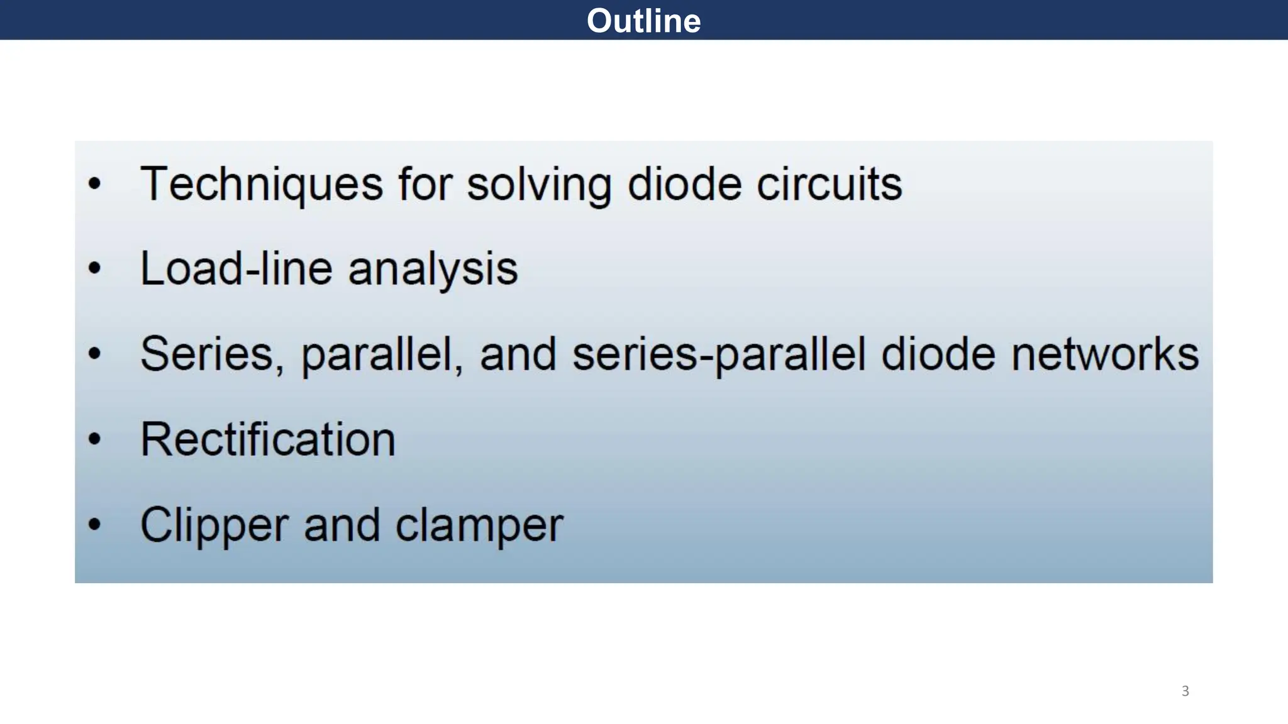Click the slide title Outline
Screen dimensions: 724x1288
coord(643,21)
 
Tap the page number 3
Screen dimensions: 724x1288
coord(1185,691)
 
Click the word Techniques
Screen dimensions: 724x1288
coord(261,184)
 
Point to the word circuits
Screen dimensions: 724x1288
coord(829,184)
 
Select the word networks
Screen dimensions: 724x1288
coord(1105,354)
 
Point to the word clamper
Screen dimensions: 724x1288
coord(479,526)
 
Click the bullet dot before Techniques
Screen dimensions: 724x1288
coord(94,184)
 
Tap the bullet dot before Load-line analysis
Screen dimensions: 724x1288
coord(94,269)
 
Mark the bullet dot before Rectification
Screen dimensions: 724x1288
coord(94,439)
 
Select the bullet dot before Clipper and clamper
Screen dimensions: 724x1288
coord(94,524)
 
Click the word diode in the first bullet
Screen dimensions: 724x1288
coord(685,184)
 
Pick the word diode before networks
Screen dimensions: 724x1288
coord(938,354)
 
